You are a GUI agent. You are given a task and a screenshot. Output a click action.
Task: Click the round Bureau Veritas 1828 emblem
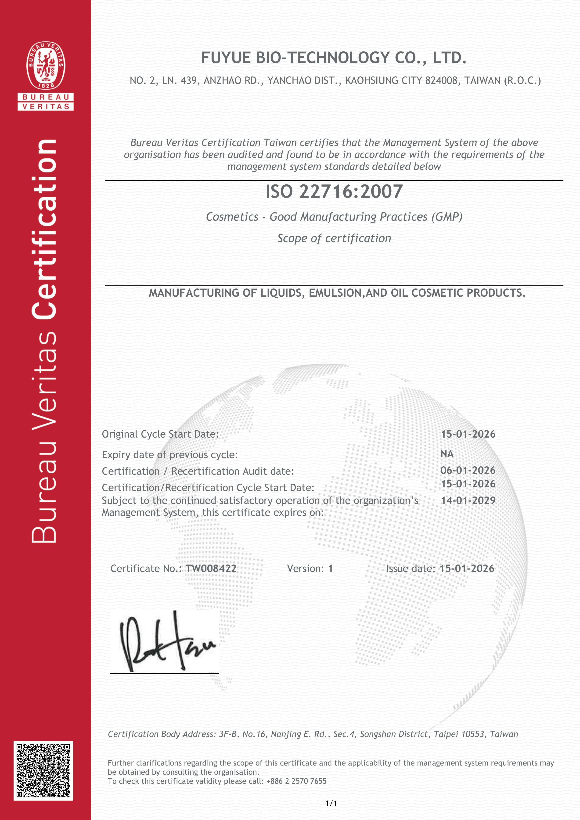tap(46, 66)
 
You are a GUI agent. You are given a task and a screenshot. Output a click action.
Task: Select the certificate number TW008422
tap(211, 568)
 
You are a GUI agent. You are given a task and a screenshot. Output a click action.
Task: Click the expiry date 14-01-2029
tap(468, 500)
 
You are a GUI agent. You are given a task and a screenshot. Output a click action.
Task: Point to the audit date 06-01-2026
tap(468, 470)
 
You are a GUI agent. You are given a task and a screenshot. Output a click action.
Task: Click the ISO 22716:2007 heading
tap(334, 192)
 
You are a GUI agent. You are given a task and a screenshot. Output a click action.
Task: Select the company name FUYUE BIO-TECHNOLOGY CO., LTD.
tap(334, 58)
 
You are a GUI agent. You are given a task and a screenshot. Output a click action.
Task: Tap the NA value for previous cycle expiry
tap(447, 454)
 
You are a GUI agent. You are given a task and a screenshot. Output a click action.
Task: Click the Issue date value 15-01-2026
tap(467, 568)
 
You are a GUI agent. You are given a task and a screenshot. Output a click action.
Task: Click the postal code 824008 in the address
tap(441, 81)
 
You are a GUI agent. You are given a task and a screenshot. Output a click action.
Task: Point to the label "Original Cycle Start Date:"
tap(160, 434)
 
